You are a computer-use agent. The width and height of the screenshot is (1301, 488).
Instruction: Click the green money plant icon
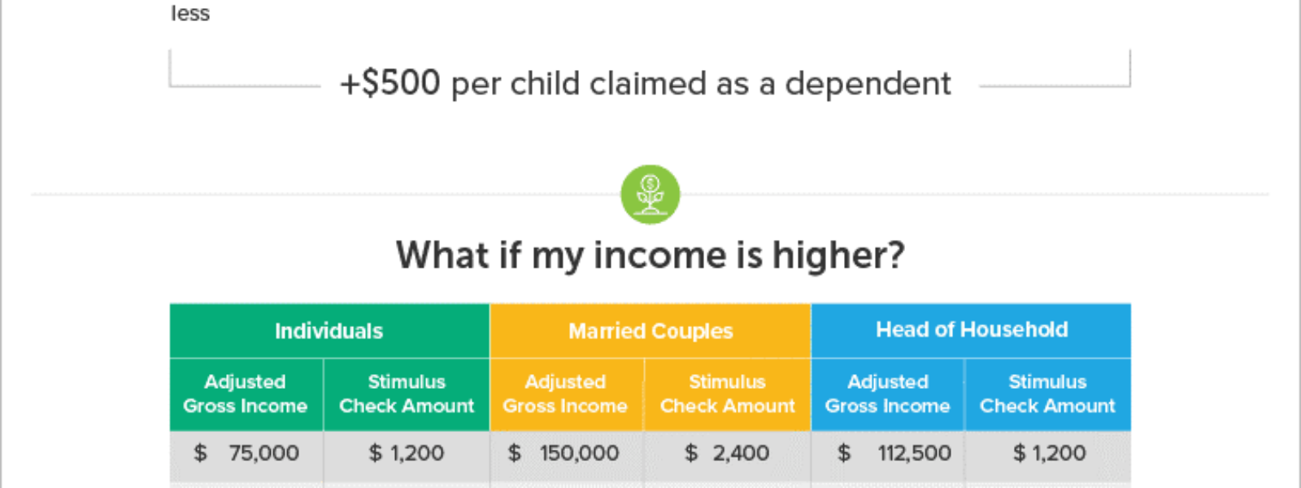coord(650,194)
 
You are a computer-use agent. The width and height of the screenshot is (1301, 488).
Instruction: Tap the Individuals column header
coord(329,331)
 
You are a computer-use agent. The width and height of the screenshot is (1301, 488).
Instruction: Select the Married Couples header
coord(650,331)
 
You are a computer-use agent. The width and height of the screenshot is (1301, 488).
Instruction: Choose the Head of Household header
coord(972,329)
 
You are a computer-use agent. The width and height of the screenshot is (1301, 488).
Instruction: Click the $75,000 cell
coord(246,452)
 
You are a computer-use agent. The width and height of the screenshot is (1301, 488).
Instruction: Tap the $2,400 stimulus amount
coord(727,452)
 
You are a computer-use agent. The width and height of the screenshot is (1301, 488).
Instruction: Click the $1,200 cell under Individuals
coord(407,452)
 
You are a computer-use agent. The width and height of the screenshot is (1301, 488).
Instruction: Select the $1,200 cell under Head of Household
coord(1049,452)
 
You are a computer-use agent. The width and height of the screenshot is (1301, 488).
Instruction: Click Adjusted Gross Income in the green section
coord(245,394)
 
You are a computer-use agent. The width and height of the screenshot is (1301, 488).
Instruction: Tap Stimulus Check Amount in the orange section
coord(727,394)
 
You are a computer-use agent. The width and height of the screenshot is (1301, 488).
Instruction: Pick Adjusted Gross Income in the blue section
coord(887,394)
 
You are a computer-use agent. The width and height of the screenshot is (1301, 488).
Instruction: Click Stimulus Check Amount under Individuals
coord(407,394)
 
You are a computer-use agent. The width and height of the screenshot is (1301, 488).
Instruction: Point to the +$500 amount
coord(390,82)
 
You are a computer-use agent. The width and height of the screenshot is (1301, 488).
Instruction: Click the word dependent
coord(868,84)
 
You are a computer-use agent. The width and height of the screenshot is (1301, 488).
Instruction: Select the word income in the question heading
coord(659,255)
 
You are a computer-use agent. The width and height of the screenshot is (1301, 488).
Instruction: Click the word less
coord(190,13)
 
